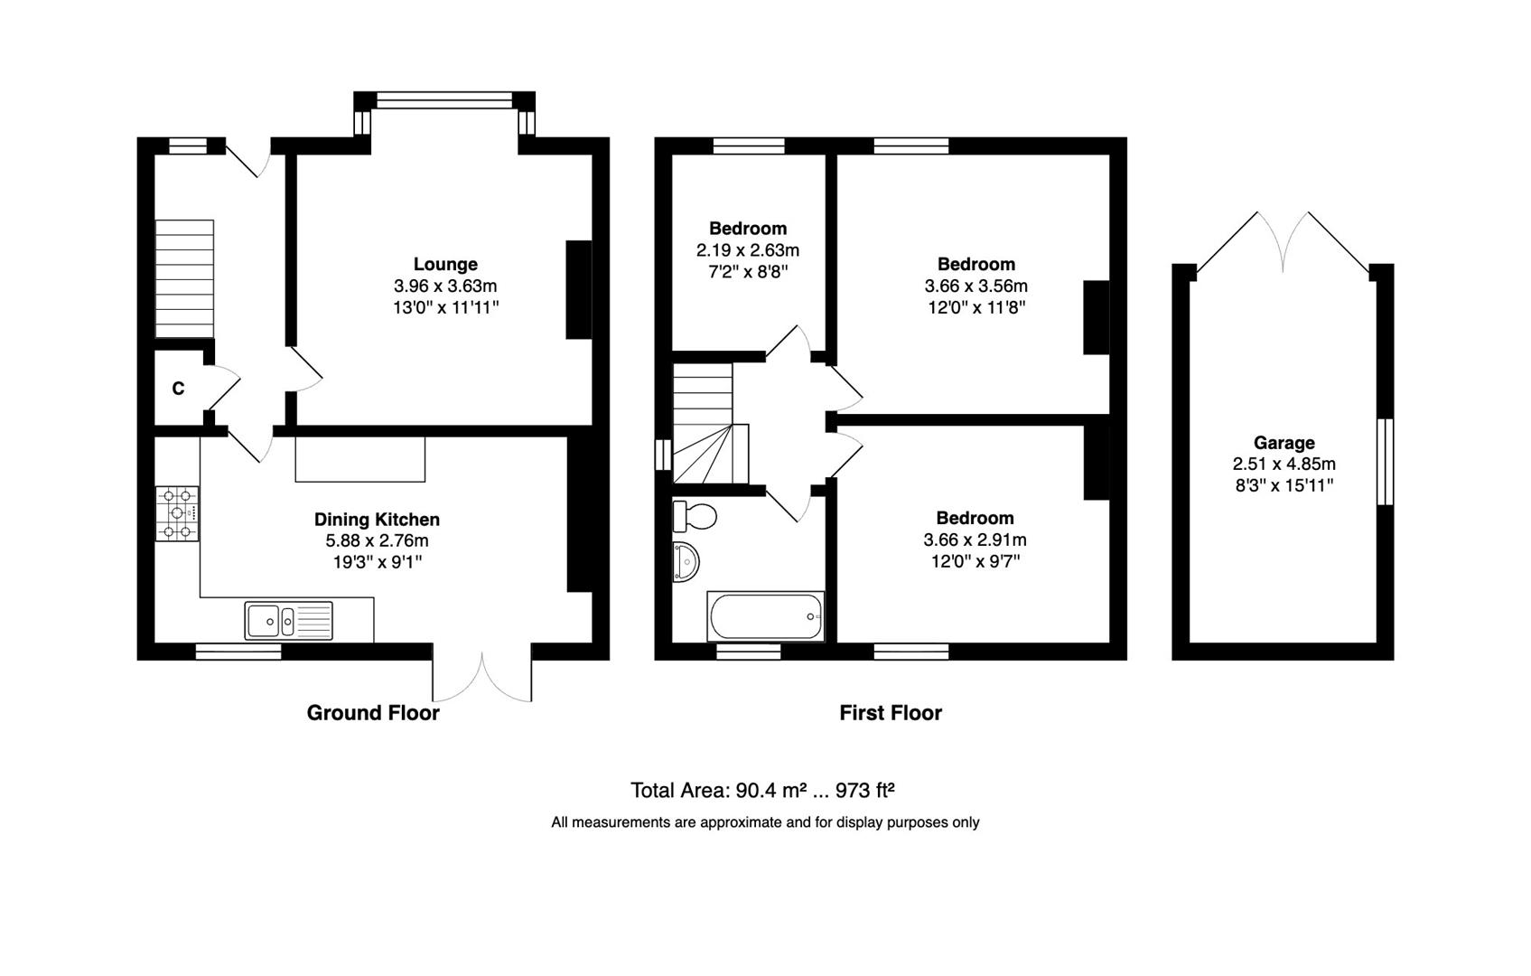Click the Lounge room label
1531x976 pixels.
[444, 264]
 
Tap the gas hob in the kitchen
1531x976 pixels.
[177, 513]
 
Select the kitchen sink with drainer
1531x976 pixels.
[288, 621]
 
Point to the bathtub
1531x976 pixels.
[766, 616]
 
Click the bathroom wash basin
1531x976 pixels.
[686, 562]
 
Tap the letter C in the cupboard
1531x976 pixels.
[178, 389]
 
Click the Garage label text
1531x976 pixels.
[1284, 443]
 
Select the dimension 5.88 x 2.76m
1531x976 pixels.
[377, 540]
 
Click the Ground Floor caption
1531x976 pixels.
[373, 712]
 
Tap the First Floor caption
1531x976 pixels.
[890, 713]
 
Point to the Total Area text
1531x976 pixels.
[762, 791]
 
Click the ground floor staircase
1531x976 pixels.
[184, 278]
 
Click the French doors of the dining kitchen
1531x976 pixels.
[482, 676]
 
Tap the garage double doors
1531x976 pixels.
[1283, 242]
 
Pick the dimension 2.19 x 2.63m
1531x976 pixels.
[747, 250]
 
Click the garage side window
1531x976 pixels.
[1385, 461]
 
